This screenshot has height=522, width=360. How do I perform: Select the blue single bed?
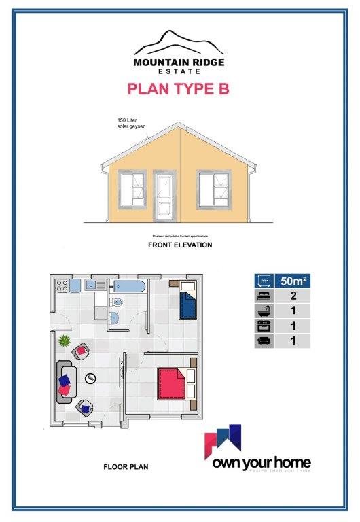pyautogui.click(x=187, y=302)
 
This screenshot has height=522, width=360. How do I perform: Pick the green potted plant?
pyautogui.click(x=63, y=339)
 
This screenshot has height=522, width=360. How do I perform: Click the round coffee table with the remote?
pyautogui.click(x=91, y=377)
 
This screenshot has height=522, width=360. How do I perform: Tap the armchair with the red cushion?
pyautogui.click(x=82, y=351)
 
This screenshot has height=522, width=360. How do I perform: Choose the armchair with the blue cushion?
pyautogui.click(x=85, y=406)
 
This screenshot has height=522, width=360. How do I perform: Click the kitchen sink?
pyautogui.click(x=88, y=285)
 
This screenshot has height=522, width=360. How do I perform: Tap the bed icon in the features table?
pyautogui.click(x=263, y=296)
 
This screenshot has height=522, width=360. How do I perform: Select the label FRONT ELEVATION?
pyautogui.click(x=180, y=245)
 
